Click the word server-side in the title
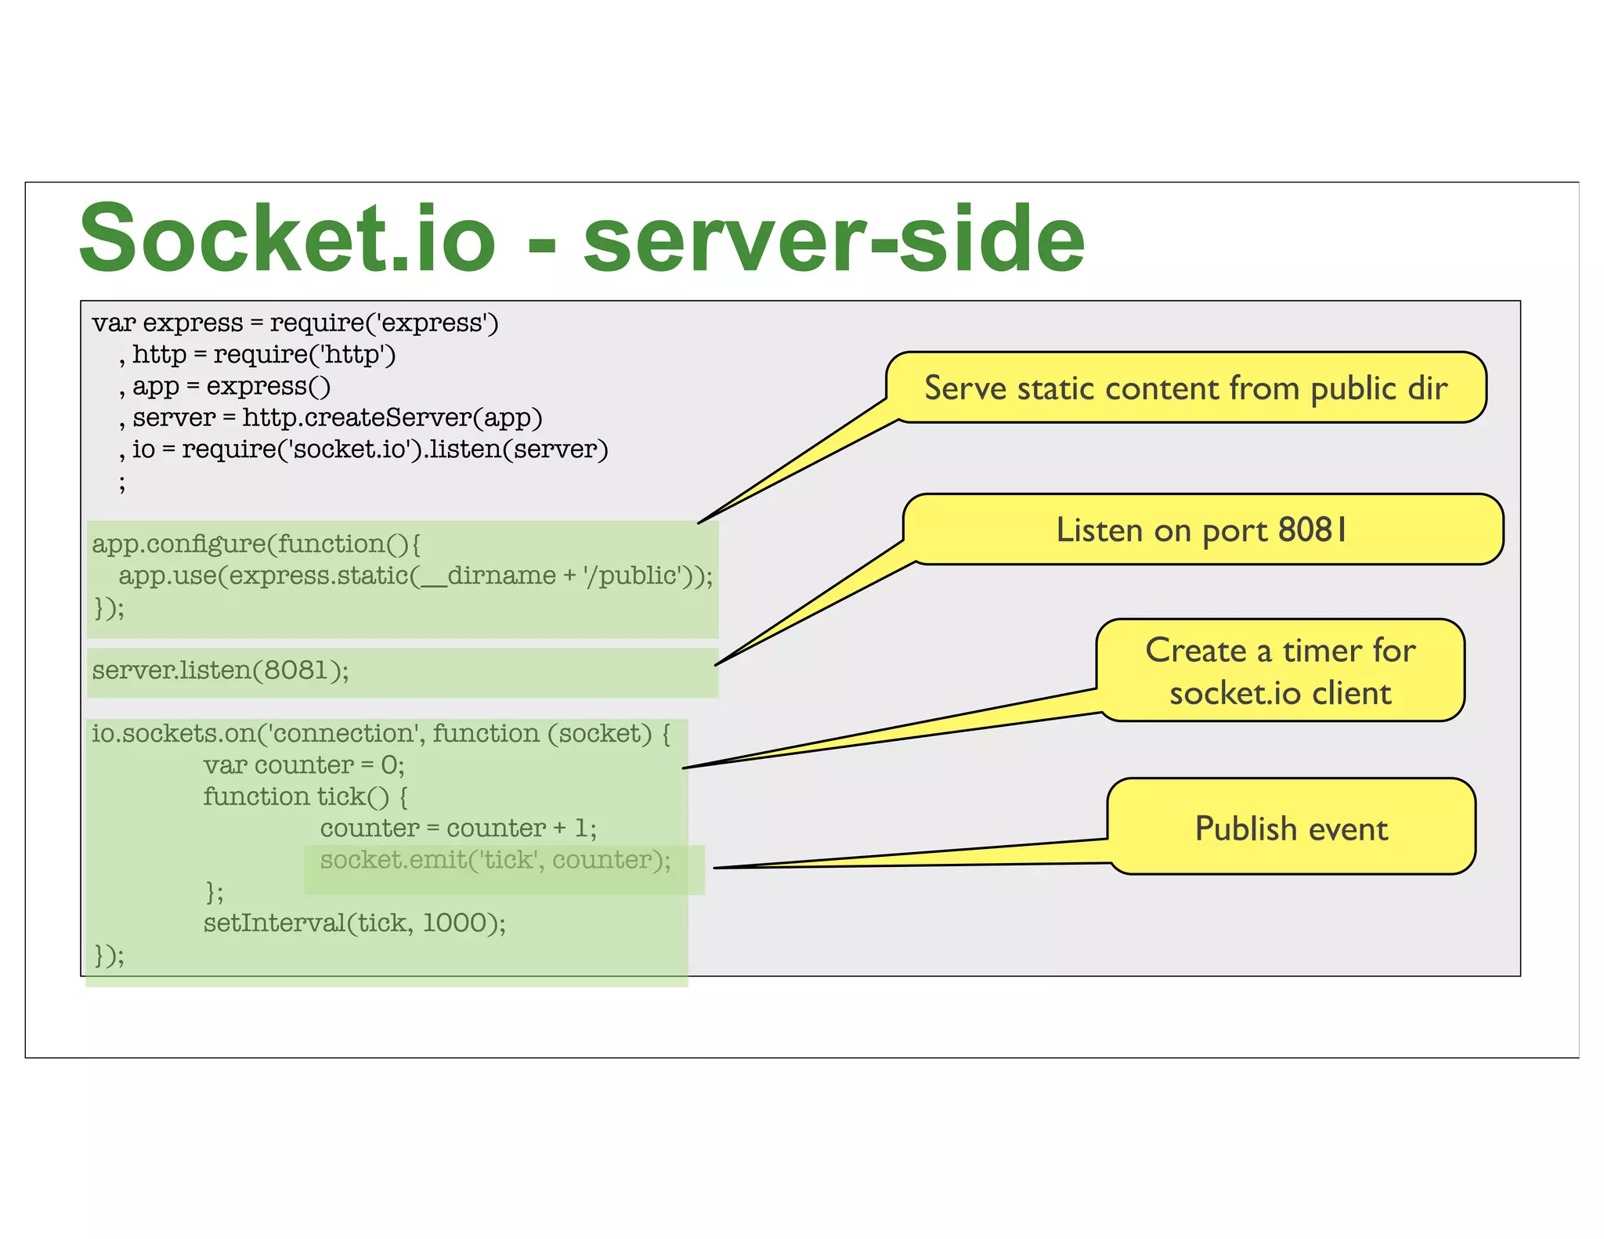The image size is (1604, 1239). [x=833, y=238]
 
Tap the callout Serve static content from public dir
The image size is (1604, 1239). [x=1185, y=388]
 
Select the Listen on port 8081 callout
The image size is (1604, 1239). [x=1202, y=529]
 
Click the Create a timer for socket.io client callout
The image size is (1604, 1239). [x=1280, y=671]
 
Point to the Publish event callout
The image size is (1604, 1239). [x=1291, y=828]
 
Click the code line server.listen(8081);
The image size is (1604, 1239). [x=221, y=670]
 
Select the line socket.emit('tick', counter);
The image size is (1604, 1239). [x=495, y=860]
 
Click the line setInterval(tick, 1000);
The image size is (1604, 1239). [x=354, y=923]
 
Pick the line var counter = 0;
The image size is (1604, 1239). [x=304, y=765]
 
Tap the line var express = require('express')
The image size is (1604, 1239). [x=294, y=323]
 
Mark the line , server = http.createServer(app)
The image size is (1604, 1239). [x=331, y=417]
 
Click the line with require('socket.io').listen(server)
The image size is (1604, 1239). [x=363, y=450]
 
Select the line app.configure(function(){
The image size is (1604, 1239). [x=256, y=544]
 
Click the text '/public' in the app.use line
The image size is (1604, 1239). [x=630, y=576]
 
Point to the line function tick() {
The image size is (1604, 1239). [x=305, y=796]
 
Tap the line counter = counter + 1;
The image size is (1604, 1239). [x=458, y=829]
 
